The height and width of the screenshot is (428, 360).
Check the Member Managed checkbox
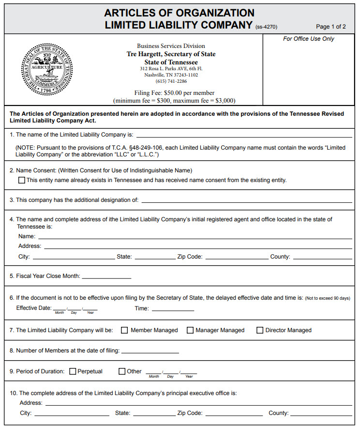[x=124, y=330]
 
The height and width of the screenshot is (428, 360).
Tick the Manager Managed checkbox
[x=190, y=330]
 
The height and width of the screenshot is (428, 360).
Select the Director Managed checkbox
[x=260, y=330]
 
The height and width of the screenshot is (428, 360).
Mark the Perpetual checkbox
[x=73, y=371]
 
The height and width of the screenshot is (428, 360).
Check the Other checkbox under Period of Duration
[x=122, y=371]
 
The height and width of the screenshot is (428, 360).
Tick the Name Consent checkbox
[x=22, y=180]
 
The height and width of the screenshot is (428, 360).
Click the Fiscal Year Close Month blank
[x=106, y=276]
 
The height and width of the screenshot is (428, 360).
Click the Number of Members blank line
[x=150, y=351]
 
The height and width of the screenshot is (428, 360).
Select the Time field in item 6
[x=173, y=308]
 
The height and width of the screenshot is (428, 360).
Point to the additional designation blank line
[x=247, y=200]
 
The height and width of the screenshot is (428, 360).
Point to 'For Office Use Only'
[x=309, y=39]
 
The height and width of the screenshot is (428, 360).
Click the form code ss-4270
[x=266, y=27]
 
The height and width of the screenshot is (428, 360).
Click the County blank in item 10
[x=321, y=413]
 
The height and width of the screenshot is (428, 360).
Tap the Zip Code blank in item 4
[x=237, y=257]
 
